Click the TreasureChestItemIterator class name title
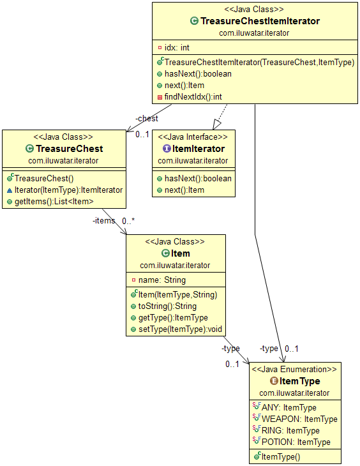(260, 21)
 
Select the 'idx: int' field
(177, 47)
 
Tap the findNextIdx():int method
(193, 97)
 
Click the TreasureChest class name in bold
(70, 149)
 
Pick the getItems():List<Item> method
(54, 202)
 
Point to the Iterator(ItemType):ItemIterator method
(69, 190)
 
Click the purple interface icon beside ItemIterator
(167, 148)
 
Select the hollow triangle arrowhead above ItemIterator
(217, 124)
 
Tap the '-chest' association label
(147, 119)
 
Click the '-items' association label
(104, 221)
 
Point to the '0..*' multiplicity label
(128, 221)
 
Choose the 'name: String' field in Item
(162, 280)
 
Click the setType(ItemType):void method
(180, 329)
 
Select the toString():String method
(167, 306)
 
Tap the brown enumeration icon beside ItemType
(274, 380)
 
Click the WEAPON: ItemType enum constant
(299, 419)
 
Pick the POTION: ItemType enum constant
(296, 442)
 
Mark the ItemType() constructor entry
(281, 457)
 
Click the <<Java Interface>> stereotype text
(193, 137)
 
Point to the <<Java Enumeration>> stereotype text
(294, 370)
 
